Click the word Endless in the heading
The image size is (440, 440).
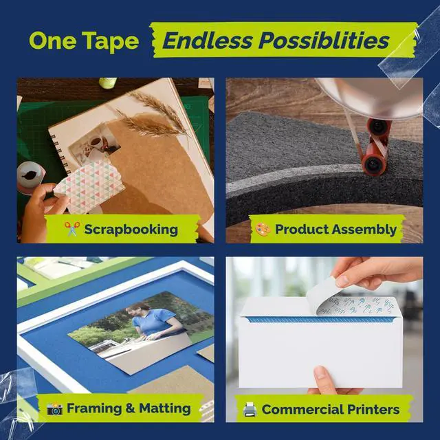(208, 41)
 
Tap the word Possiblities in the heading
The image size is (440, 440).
(324, 41)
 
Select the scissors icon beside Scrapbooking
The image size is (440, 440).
(72, 229)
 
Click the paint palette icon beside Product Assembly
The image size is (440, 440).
(263, 229)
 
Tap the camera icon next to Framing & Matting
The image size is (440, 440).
(55, 409)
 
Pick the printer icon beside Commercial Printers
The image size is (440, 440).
(250, 410)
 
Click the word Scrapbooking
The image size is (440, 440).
(131, 230)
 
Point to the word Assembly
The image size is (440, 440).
(364, 230)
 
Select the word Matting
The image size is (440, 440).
(165, 408)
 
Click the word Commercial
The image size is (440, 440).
(302, 410)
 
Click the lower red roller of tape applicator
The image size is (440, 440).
(373, 165)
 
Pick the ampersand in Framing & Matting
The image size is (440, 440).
(131, 408)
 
